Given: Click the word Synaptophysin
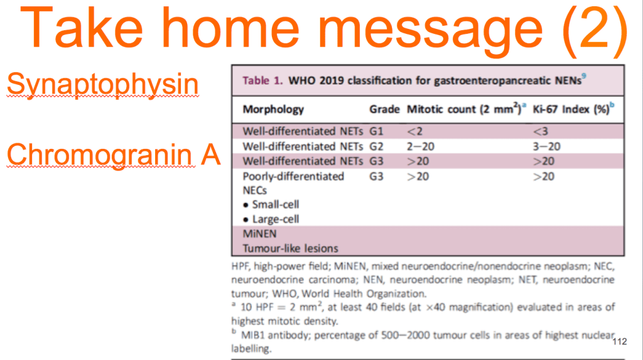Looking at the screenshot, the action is click(102, 84).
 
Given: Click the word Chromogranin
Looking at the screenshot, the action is click(101, 155).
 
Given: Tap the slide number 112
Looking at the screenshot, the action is click(620, 342).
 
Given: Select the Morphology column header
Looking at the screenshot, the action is click(273, 109).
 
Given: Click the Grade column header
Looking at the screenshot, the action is click(384, 109).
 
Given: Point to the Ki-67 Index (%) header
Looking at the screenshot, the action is click(573, 109).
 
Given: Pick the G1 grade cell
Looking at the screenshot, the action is click(376, 131).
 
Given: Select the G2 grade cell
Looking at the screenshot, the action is click(376, 146).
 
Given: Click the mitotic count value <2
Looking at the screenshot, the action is click(414, 131).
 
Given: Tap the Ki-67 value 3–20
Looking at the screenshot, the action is click(547, 146).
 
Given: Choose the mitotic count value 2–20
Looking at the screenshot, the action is click(420, 146).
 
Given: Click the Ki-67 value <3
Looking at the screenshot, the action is click(541, 131).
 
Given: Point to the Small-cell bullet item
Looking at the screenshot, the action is click(271, 204).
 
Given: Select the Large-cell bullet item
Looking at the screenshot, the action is click(271, 219).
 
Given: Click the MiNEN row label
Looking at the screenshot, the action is click(259, 234).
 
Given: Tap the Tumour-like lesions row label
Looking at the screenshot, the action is click(290, 249).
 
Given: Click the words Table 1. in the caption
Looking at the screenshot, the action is click(262, 80).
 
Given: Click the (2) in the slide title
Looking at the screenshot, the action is click(595, 30).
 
